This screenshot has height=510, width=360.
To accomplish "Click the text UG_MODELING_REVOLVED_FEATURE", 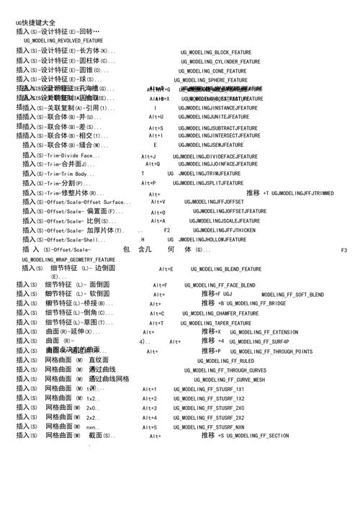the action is pyautogui.click(x=63, y=41).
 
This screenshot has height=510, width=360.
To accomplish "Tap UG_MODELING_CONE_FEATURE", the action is pyautogui.click(x=213, y=71).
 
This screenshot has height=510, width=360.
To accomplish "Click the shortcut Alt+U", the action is pyautogui.click(x=156, y=117).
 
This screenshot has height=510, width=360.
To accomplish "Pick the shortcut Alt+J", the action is pyautogui.click(x=148, y=156).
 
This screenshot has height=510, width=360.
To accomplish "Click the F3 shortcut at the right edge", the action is pyautogui.click(x=343, y=249).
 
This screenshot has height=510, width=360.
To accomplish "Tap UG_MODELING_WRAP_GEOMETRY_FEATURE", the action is pyautogui.click(x=68, y=259).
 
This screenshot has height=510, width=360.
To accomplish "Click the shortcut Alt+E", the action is pyautogui.click(x=166, y=269).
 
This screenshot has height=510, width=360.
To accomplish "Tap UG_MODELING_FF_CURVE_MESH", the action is pyautogui.click(x=229, y=380).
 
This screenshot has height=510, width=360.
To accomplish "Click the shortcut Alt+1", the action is pyautogui.click(x=149, y=389).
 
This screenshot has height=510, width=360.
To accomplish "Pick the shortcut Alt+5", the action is pyautogui.click(x=149, y=427).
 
